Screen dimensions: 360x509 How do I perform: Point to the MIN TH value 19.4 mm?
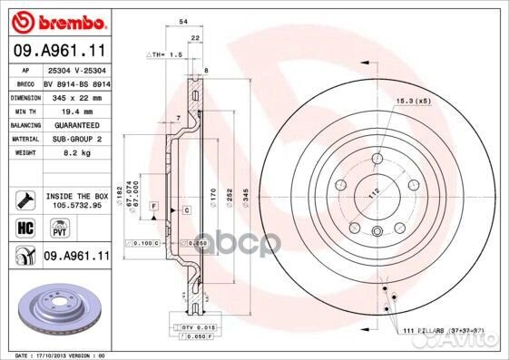(x=75, y=111)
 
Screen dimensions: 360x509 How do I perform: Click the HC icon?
(x=26, y=228)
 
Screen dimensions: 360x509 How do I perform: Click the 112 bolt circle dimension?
(x=369, y=192)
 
